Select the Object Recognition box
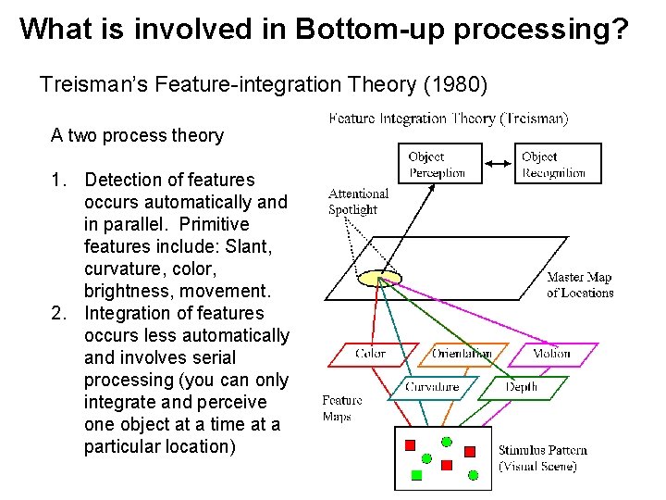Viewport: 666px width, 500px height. click(558, 164)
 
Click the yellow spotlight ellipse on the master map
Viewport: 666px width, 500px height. click(380, 277)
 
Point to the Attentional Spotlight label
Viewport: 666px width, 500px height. click(358, 201)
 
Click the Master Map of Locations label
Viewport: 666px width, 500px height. click(580, 285)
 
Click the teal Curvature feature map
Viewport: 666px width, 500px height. click(431, 387)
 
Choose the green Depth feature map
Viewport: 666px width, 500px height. click(522, 387)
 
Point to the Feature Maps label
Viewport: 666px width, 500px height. click(341, 408)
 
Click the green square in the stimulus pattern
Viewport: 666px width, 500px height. click(416, 474)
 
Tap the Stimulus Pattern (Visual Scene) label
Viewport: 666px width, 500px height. click(543, 458)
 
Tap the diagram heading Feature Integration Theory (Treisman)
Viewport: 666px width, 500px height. click(449, 119)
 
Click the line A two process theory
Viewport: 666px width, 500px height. click(137, 135)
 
